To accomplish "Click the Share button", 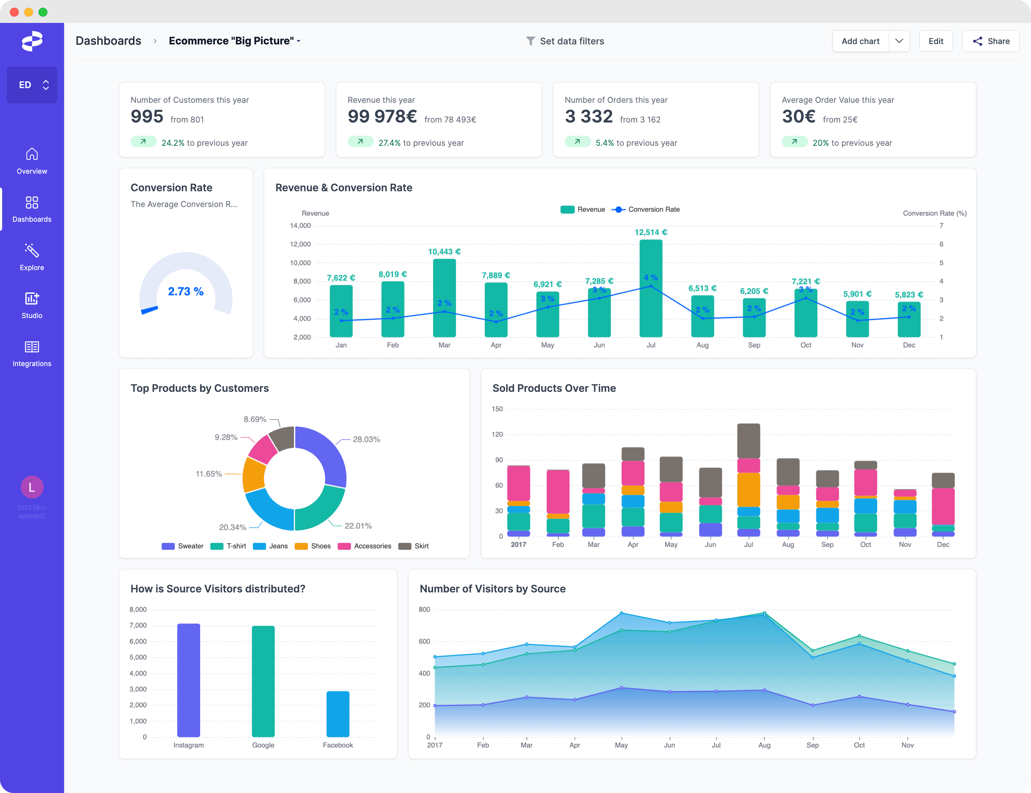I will coord(991,41).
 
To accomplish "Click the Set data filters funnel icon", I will coord(530,41).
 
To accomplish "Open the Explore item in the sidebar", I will coord(32,257).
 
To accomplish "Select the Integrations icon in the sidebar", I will coord(32,347).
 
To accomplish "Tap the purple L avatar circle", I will coord(32,487).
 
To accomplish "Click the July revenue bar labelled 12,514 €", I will coord(650,288).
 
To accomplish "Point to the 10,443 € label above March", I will coord(444,251).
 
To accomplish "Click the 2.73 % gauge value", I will coord(186,291).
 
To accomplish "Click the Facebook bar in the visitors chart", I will coord(338,714).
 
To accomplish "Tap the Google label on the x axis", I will coord(263,745).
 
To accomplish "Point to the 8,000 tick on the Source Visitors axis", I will coord(138,609).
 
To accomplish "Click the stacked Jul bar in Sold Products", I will coord(748,480).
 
